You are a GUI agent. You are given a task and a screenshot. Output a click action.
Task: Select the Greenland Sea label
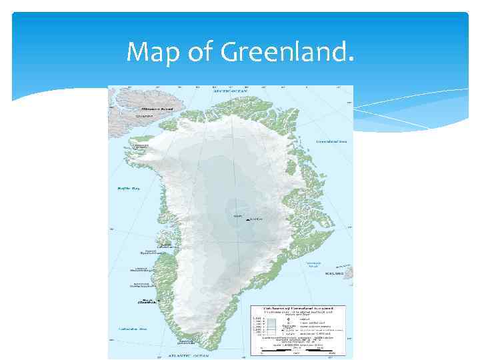tap(332, 141)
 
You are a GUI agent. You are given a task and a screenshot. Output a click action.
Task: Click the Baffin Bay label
tap(127, 189)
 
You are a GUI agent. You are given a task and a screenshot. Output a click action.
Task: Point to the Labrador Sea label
tap(133, 329)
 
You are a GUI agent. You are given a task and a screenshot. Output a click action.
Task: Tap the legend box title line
tap(297, 309)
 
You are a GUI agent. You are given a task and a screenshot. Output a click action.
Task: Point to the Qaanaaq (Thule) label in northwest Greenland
tap(141, 147)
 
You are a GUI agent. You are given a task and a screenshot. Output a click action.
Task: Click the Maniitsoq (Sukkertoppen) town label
tap(141, 285)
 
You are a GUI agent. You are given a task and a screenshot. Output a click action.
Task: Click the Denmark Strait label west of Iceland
tap(314, 264)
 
